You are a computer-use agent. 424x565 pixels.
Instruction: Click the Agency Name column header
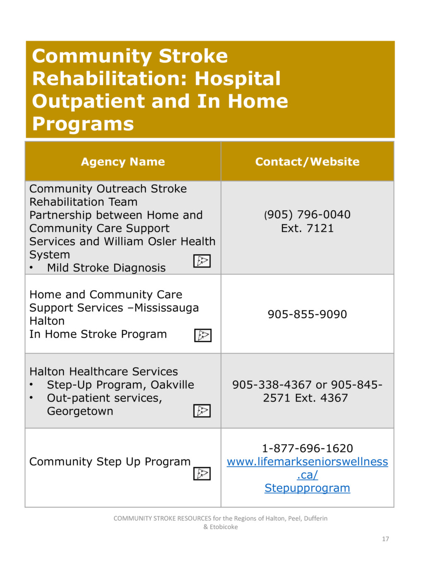(123, 161)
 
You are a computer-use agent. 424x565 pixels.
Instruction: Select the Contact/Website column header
(307, 161)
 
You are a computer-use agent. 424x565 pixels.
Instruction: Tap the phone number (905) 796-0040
(307, 214)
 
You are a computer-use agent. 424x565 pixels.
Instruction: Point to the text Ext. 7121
(307, 228)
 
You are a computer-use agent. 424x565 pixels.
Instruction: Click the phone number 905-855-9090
(307, 314)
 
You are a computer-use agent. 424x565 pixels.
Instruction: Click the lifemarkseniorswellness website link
(307, 462)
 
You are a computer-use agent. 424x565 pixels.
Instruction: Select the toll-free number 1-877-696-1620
(307, 448)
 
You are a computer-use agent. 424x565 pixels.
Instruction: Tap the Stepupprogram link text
(307, 488)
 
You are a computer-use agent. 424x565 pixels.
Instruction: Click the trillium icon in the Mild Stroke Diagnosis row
(202, 261)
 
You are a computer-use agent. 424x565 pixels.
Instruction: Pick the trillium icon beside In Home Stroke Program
(203, 335)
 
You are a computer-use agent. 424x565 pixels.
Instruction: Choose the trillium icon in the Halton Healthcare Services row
(202, 411)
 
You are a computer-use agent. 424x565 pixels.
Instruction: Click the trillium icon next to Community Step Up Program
(202, 474)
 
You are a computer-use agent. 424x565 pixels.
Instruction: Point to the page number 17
(385, 539)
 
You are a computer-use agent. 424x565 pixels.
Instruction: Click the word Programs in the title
(83, 123)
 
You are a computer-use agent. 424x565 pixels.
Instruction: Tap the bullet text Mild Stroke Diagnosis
(106, 268)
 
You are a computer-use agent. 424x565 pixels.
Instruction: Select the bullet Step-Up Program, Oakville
(120, 385)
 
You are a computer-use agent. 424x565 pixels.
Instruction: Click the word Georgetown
(80, 411)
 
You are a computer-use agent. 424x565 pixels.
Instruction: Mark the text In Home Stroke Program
(98, 334)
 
